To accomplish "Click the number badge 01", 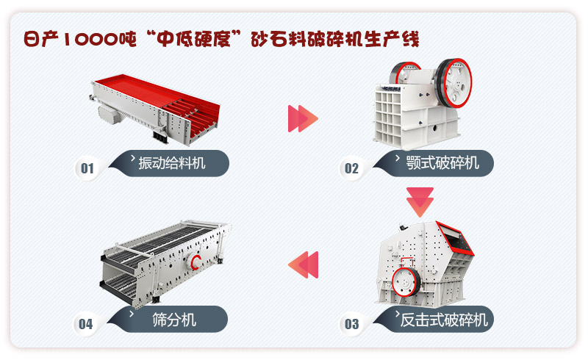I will tap(87, 168).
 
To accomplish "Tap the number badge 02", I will tap(351, 168).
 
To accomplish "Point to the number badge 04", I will tap(86, 323).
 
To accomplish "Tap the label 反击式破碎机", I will tap(443, 320).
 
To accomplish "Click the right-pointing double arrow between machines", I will tap(303, 118).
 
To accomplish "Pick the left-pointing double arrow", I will tap(303, 264).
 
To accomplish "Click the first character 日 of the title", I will tap(31, 38).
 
